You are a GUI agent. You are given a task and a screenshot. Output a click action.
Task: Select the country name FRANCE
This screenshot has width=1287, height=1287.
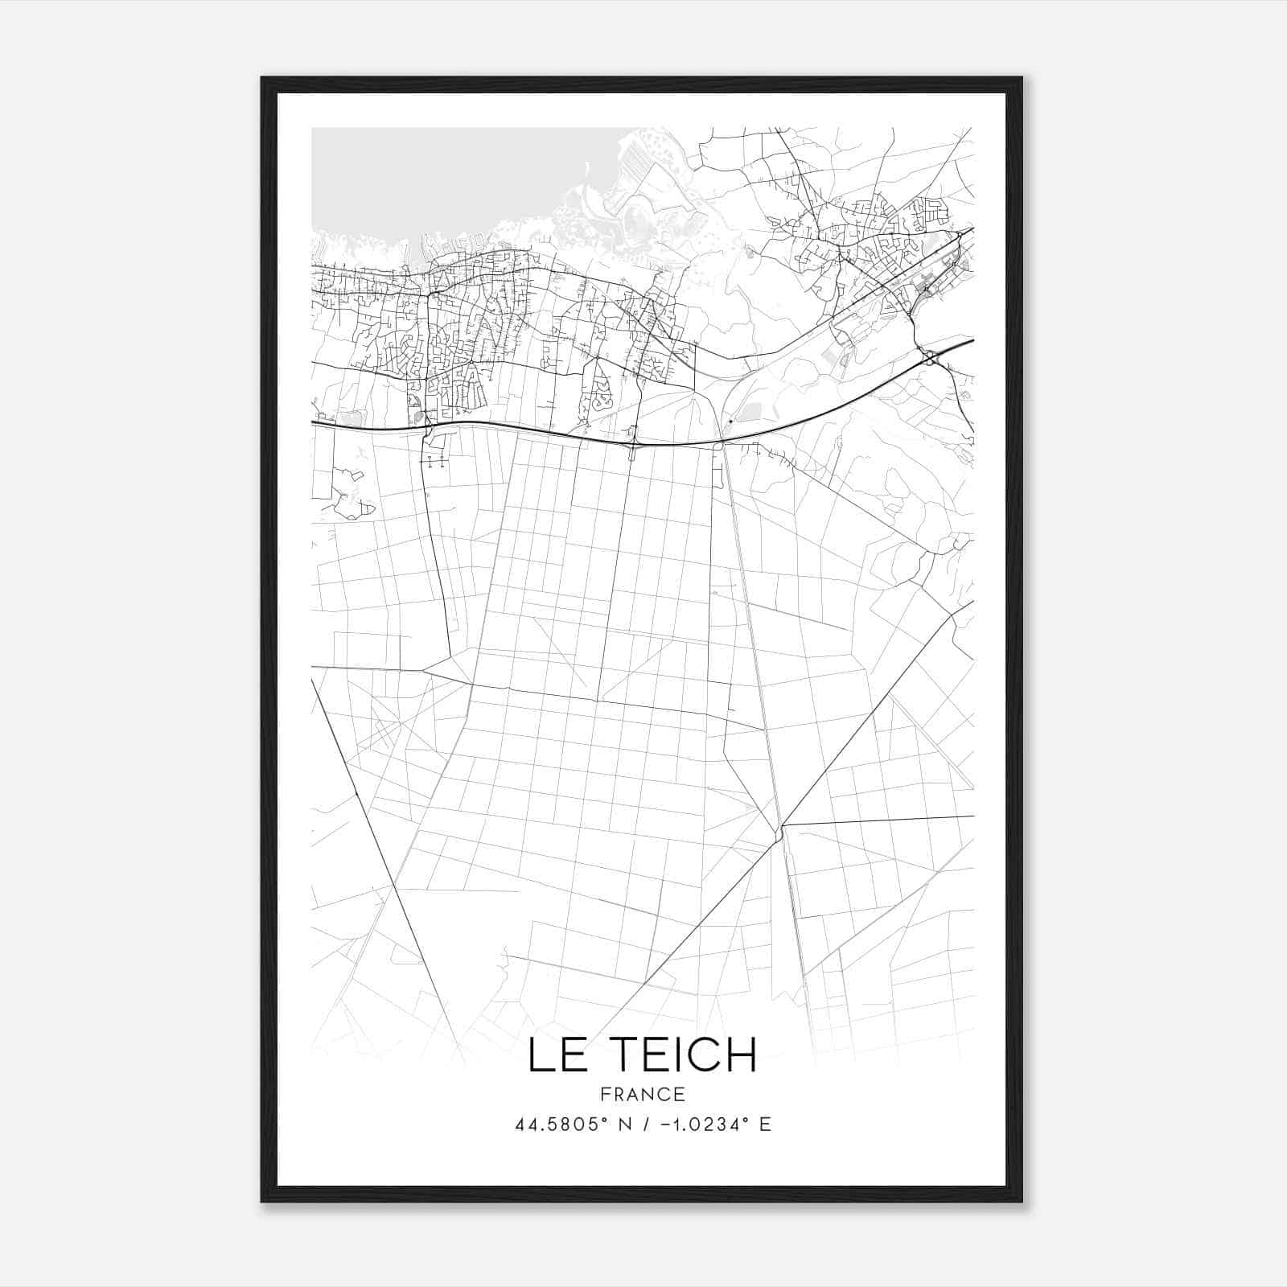click(643, 1094)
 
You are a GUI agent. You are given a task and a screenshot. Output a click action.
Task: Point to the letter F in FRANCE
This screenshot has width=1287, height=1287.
click(605, 1094)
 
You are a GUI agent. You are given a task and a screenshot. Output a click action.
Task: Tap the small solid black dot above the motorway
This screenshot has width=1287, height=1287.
click(730, 421)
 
